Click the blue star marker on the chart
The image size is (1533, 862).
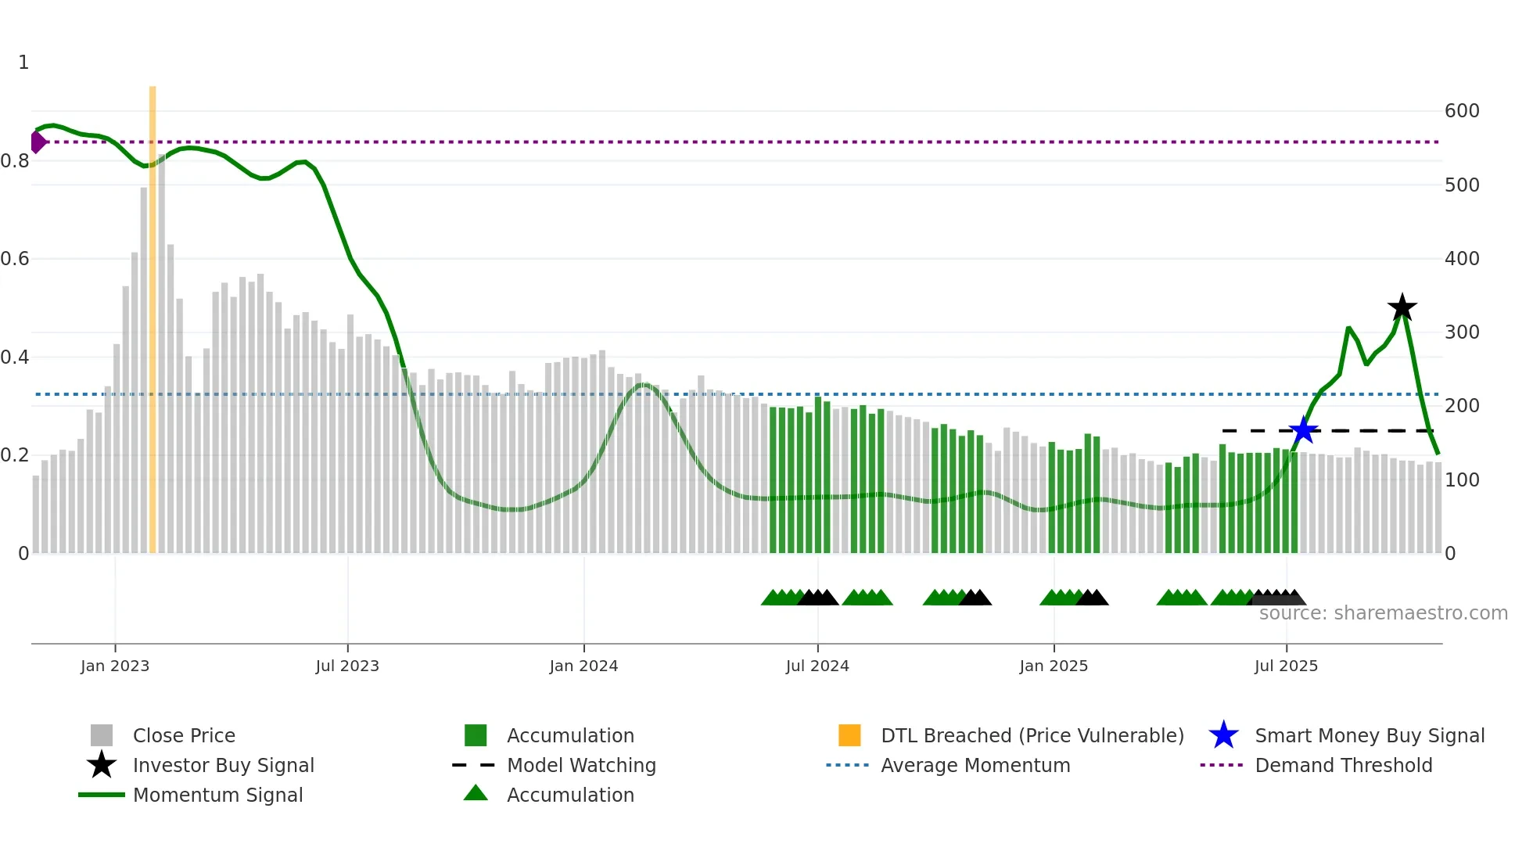coord(1303,430)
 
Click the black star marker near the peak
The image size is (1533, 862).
coord(1402,307)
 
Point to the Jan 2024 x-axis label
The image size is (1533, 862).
coord(583,666)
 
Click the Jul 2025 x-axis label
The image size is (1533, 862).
coord(1286,666)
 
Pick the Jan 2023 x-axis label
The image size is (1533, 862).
coord(115,666)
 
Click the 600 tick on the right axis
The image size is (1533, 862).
coord(1462,111)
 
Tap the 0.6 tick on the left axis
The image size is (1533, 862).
coord(15,259)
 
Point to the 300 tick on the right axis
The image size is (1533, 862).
coord(1462,332)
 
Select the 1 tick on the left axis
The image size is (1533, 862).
coord(23,63)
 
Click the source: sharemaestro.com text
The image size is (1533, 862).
coord(1383,613)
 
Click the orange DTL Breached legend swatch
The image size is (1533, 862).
coord(849,735)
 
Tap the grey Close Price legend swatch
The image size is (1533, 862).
coord(102,735)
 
